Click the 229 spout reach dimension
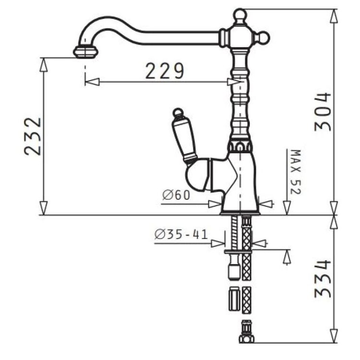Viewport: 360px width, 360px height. click(x=165, y=71)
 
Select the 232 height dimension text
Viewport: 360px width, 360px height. click(x=33, y=137)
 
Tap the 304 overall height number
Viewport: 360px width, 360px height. click(x=323, y=112)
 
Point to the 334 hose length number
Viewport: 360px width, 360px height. click(x=323, y=278)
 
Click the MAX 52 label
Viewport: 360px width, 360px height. click(x=296, y=172)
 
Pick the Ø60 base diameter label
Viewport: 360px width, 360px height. click(x=176, y=195)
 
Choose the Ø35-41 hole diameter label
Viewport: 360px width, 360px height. click(x=181, y=234)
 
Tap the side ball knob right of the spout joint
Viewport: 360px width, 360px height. click(x=264, y=37)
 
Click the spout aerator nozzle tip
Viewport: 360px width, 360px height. click(x=85, y=52)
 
